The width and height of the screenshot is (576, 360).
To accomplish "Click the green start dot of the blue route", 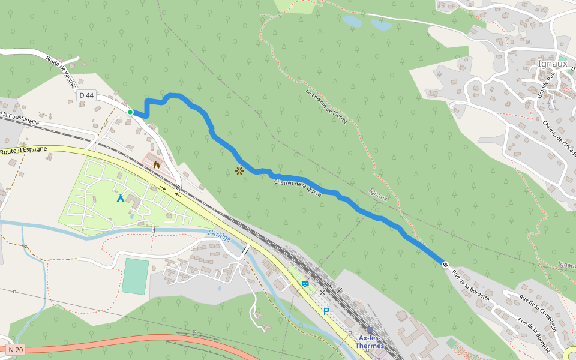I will (130, 112).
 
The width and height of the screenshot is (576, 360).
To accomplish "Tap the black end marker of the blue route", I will (445, 264).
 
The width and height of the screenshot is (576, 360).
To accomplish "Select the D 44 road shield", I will (86, 95).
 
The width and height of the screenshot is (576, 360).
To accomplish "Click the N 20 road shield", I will (16, 350).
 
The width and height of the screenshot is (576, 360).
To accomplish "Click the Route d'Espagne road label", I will (23, 151).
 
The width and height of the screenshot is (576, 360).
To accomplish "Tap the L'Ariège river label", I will (219, 236).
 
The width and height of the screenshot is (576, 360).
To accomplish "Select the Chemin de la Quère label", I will (298, 187).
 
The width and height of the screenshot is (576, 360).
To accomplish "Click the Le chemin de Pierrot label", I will (326, 106).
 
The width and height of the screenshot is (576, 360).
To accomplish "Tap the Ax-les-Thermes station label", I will (371, 341).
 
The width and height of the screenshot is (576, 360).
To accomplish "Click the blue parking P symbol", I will (326, 311).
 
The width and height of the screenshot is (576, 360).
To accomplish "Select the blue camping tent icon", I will (121, 198).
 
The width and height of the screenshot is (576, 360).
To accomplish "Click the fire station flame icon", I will (157, 163).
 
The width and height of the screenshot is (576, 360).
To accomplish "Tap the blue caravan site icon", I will (305, 284).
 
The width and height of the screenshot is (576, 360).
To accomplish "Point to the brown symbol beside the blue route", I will (239, 171).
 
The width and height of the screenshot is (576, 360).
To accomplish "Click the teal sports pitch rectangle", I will (135, 276).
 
